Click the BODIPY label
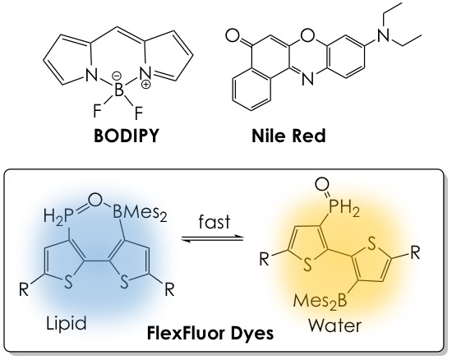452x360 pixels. pos(127,135)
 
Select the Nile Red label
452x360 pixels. pos(288,136)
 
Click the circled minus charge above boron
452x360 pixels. pos(118,76)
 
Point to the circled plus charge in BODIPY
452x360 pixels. pos(147,84)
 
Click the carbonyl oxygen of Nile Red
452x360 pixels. pos(233,36)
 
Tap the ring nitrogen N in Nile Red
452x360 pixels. pos(307,79)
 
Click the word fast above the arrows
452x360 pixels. pos(214,222)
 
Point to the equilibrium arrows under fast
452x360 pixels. pos(213,239)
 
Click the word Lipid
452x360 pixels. pos(67,324)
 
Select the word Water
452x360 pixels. pos(335,326)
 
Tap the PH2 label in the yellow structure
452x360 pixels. pos(345,210)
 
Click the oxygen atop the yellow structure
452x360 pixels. pos(322,184)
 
